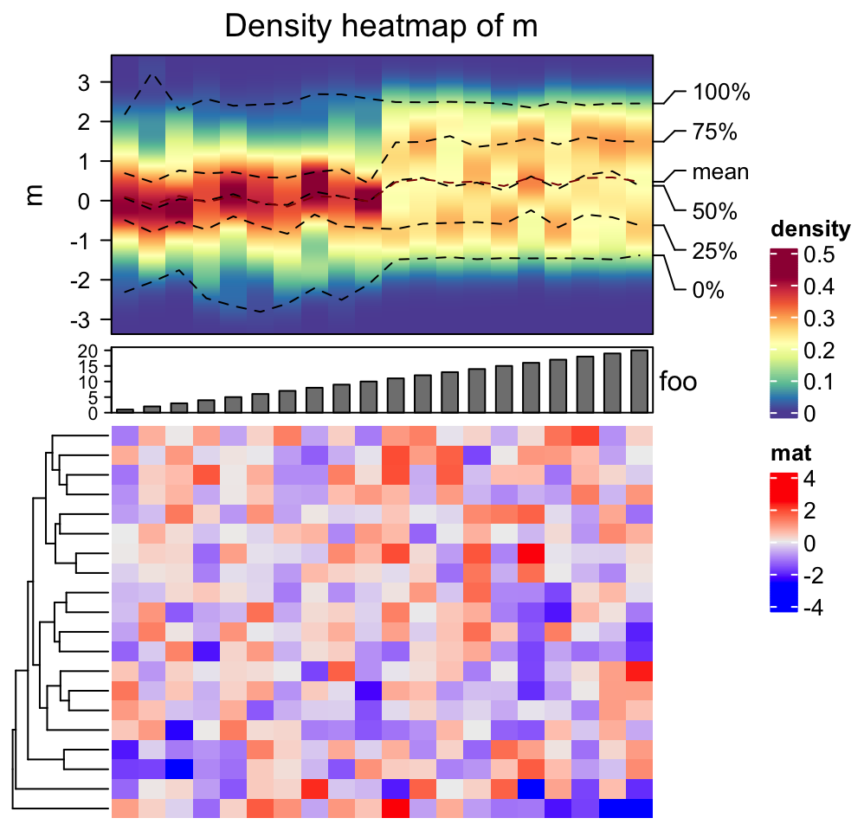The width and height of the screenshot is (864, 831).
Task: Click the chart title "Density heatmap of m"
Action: (381, 26)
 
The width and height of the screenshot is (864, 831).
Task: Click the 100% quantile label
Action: (720, 92)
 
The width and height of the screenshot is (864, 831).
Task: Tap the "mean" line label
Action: (720, 171)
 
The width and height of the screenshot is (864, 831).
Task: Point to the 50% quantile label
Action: (714, 211)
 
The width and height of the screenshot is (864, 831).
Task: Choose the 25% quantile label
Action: (714, 251)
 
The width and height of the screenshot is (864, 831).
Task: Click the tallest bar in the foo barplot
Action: (640, 382)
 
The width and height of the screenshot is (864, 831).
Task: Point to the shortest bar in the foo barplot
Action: (126, 410)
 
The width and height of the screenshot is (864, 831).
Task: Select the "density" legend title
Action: (809, 229)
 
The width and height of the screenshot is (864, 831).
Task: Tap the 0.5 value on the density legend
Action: (819, 255)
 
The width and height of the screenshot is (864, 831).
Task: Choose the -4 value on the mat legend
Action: (815, 609)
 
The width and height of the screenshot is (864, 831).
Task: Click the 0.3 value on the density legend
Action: (819, 319)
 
